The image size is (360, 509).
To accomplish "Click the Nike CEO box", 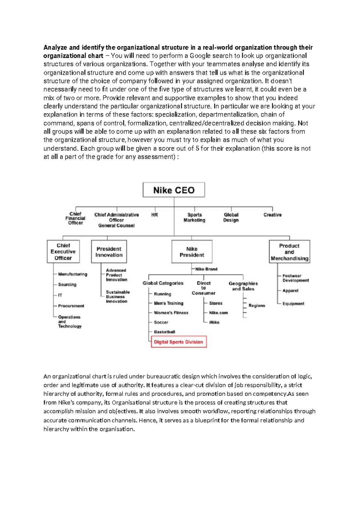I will click(x=174, y=190).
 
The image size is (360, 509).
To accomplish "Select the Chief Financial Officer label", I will click(x=75, y=218).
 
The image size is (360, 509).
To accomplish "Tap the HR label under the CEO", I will click(x=154, y=215).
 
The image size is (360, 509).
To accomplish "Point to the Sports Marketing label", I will click(x=194, y=217).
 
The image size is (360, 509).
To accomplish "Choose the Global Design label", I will click(x=231, y=217).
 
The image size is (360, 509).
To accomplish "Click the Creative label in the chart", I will click(x=272, y=215).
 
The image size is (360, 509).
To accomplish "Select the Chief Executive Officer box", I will click(x=63, y=251).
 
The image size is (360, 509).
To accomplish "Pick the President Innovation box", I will click(x=109, y=252).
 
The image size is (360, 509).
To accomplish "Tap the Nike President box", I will click(x=192, y=252).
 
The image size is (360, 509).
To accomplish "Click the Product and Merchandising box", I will click(x=289, y=252).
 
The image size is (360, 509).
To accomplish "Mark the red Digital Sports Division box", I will click(x=179, y=342).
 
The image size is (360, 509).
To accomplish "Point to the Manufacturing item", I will click(x=73, y=274).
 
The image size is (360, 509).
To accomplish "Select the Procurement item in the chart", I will click(x=71, y=306).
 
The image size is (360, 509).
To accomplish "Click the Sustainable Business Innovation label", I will click(x=118, y=297).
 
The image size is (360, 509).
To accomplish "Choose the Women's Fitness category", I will click(x=171, y=313).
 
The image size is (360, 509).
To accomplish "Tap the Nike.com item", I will click(x=218, y=313).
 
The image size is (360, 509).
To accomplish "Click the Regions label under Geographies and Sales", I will click(x=257, y=306).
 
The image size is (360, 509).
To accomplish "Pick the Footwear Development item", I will click(x=295, y=278).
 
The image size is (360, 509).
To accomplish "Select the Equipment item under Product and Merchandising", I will click(x=293, y=304).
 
